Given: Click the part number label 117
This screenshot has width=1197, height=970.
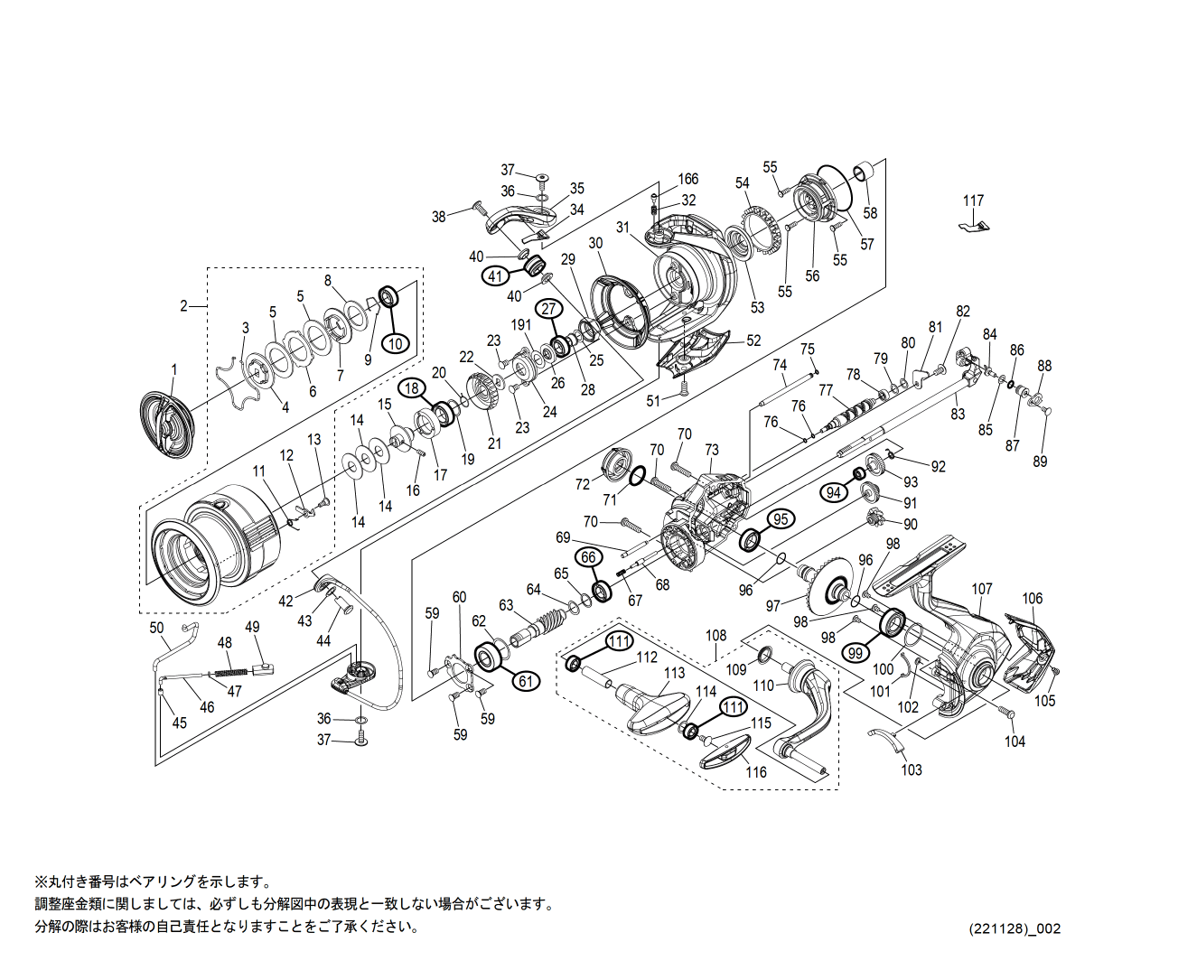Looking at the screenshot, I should click(973, 201).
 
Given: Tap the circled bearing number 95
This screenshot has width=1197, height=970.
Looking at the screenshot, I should click(781, 518).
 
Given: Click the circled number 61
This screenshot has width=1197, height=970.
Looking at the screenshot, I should click(526, 681).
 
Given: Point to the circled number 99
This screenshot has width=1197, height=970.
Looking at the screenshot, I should click(856, 652).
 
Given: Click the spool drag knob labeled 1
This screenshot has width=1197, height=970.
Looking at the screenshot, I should click(168, 421).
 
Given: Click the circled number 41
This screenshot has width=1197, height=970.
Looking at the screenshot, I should click(495, 276).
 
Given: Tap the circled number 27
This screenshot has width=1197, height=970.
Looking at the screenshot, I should click(548, 308).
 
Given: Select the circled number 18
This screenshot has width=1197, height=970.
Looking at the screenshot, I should click(413, 388).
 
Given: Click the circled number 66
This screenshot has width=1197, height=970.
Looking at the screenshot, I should click(588, 557).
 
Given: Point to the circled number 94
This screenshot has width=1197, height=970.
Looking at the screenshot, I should click(834, 492).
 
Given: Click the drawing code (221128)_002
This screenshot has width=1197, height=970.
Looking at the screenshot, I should click(1015, 928).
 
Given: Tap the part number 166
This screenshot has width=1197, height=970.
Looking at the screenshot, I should click(688, 180).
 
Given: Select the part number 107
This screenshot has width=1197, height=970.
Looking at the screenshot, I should click(982, 589).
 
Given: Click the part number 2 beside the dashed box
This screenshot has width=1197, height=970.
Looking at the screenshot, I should click(183, 306).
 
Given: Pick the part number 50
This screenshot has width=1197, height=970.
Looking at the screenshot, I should click(156, 628).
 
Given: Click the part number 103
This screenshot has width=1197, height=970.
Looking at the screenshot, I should click(912, 769).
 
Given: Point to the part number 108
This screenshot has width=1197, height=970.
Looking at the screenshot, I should click(715, 636).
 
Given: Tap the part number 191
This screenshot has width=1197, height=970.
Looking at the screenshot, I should click(522, 324).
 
